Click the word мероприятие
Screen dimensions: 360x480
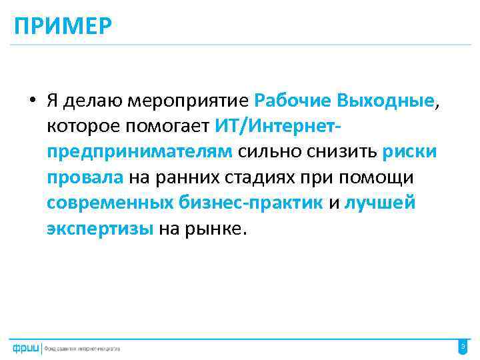click(193, 101)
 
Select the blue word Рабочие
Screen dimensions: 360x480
click(293, 101)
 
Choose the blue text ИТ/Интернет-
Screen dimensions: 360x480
click(289, 126)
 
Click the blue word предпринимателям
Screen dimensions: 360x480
click(139, 151)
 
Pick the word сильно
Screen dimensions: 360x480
click(268, 151)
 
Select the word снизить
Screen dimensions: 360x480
click(341, 151)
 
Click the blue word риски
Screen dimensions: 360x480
click(410, 151)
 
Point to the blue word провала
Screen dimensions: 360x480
click(85, 177)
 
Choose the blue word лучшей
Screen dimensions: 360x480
click(379, 203)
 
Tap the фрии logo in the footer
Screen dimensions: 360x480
click(25, 347)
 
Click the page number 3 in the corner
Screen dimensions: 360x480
click(463, 346)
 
